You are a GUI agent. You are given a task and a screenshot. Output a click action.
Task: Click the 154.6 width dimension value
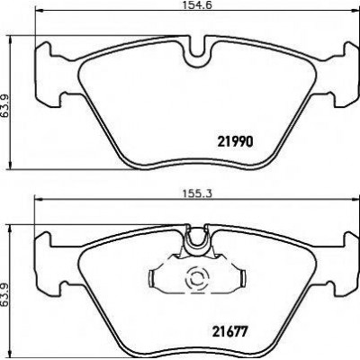click(x=197, y=5)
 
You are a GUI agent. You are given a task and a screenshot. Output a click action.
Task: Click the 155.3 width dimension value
click(x=197, y=193)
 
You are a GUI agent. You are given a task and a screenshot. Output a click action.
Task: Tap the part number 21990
click(x=236, y=141)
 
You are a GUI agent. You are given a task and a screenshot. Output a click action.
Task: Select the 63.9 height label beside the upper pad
click(x=4, y=106)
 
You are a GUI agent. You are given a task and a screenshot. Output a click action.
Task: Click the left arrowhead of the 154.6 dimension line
click(x=39, y=11)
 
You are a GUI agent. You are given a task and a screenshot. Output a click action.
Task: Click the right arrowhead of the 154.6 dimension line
click(x=355, y=11)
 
